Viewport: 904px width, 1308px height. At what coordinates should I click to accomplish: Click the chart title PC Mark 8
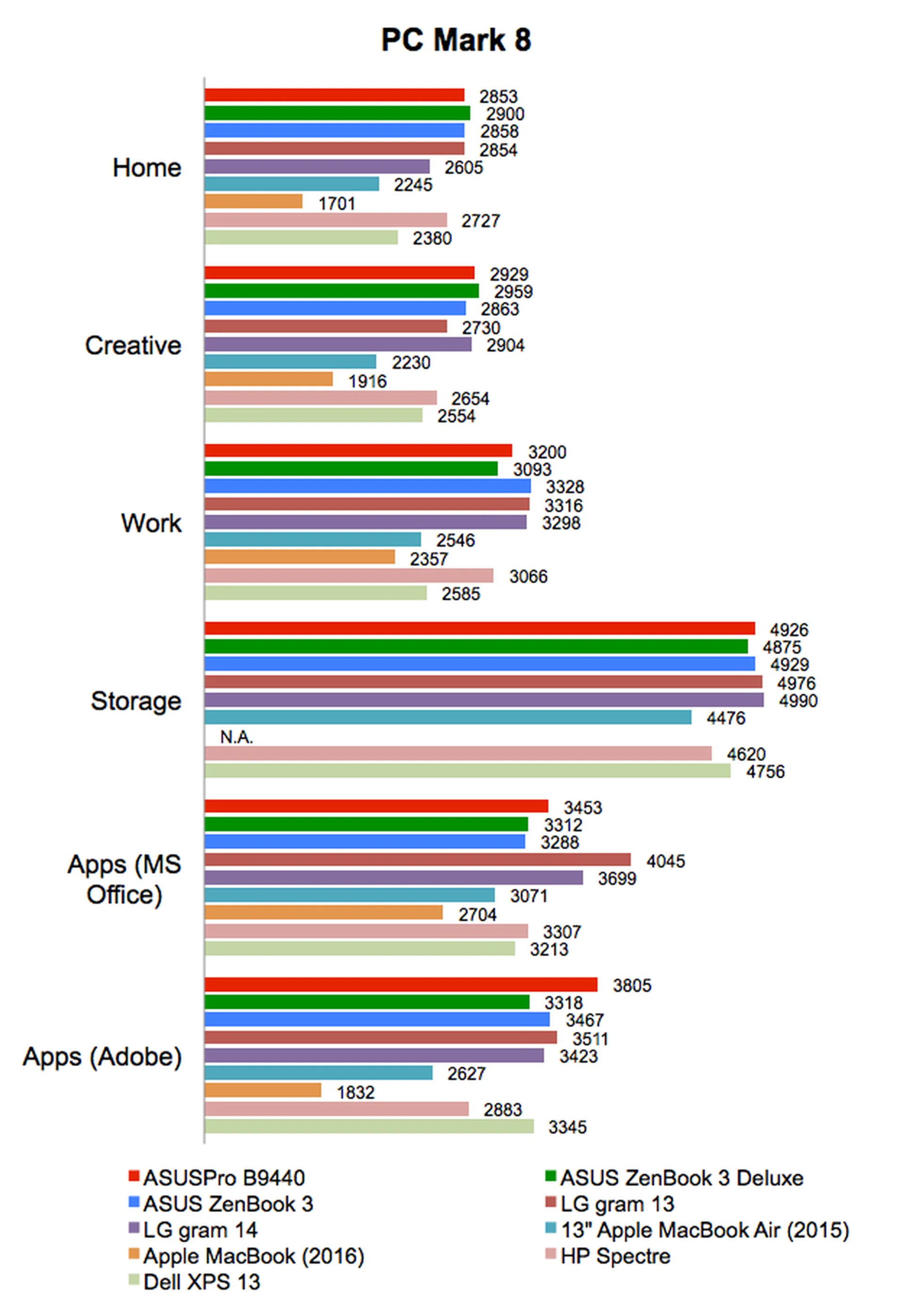(x=456, y=40)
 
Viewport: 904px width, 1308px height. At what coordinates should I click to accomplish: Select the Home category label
(x=147, y=168)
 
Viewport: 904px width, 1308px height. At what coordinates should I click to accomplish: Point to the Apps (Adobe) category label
(x=102, y=1057)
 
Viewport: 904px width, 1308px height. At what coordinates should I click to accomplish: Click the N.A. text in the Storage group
(x=236, y=737)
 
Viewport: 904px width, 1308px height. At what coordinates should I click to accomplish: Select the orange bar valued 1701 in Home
(x=253, y=201)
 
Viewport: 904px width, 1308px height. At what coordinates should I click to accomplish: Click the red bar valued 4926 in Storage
(x=479, y=628)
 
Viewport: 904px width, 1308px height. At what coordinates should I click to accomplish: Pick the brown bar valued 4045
(x=418, y=860)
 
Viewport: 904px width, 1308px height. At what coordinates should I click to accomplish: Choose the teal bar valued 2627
(x=318, y=1073)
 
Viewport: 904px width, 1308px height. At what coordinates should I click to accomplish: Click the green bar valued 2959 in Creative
(x=341, y=291)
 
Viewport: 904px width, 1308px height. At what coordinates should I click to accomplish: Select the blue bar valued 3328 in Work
(x=368, y=486)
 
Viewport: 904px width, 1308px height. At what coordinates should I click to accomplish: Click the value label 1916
(x=367, y=382)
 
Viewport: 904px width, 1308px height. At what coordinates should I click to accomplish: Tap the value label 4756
(x=765, y=772)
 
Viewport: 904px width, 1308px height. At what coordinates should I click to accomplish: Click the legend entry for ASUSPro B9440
(x=217, y=1179)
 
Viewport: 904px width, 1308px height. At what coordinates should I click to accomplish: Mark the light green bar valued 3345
(x=369, y=1127)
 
